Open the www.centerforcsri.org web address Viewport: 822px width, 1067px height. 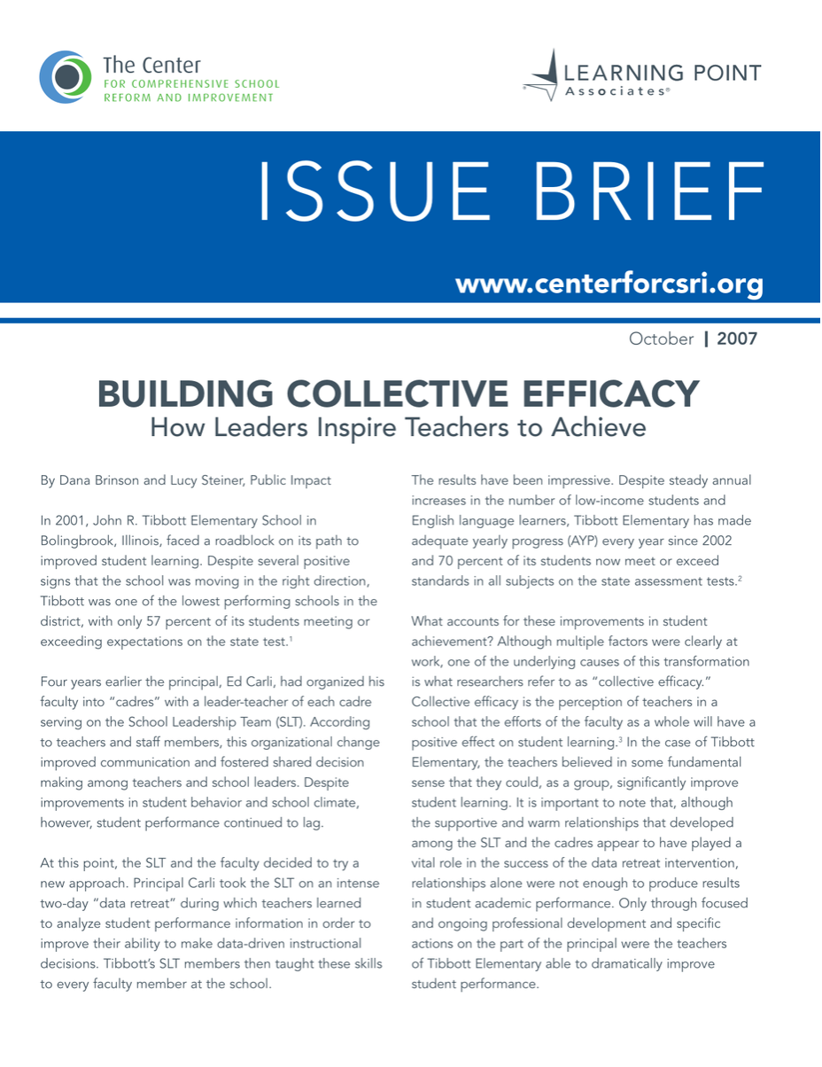[609, 284]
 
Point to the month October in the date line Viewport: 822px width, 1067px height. [662, 339]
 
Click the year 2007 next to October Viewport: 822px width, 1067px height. [737, 339]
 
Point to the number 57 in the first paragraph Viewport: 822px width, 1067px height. [149, 621]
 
